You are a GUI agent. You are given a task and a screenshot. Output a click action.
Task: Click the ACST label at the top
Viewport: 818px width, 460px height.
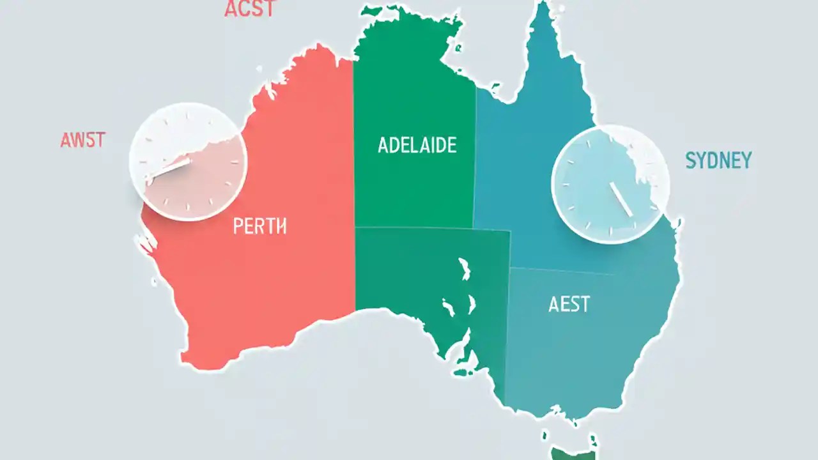tap(250, 9)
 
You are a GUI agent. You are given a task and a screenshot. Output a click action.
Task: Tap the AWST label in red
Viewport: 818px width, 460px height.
tap(82, 141)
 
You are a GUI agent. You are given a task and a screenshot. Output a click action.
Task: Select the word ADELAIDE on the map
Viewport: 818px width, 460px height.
tap(417, 145)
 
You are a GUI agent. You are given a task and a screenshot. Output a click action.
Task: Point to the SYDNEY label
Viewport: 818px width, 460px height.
tap(718, 160)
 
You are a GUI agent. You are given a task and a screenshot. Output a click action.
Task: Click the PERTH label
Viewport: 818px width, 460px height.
tap(259, 226)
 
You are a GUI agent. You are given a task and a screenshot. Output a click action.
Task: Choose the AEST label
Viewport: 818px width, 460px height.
tap(569, 304)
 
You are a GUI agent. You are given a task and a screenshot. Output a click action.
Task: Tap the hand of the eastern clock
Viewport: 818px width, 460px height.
tap(621, 197)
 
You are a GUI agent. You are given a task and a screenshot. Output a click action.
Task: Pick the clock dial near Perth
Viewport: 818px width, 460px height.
tap(188, 162)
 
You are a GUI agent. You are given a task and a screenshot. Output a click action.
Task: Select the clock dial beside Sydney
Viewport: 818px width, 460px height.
tap(610, 184)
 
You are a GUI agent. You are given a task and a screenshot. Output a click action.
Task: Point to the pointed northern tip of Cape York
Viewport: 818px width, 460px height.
tap(544, 8)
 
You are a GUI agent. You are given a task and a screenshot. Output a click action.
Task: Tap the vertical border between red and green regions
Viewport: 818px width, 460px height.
tap(354, 192)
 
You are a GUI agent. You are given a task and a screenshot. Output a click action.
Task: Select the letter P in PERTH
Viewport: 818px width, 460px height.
tap(238, 226)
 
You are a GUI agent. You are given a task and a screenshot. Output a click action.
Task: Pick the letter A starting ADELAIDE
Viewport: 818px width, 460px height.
tap(383, 145)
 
